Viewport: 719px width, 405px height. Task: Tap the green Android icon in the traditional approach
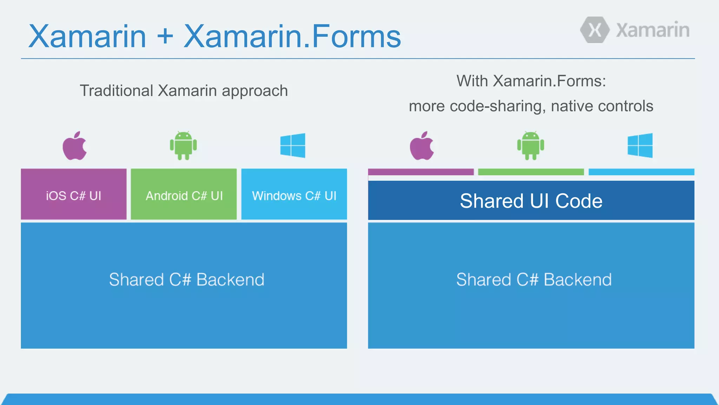(x=183, y=146)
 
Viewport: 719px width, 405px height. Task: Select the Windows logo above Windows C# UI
(x=293, y=146)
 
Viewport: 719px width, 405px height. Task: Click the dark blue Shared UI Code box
(x=531, y=201)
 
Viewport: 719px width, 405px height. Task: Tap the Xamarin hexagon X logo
(x=595, y=30)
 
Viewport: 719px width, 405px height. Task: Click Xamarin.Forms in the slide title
(x=292, y=36)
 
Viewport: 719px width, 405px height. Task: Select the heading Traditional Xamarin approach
(x=184, y=91)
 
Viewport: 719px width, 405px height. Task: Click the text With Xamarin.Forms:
(x=531, y=81)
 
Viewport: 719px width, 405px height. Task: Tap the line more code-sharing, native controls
(x=531, y=106)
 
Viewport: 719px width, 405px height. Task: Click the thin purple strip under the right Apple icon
(x=421, y=172)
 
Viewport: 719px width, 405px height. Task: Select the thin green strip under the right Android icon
(x=531, y=172)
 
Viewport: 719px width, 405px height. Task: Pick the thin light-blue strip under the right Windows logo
(x=641, y=172)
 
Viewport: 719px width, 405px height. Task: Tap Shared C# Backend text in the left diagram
(x=186, y=280)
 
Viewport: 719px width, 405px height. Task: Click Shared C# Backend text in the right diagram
(x=534, y=280)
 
